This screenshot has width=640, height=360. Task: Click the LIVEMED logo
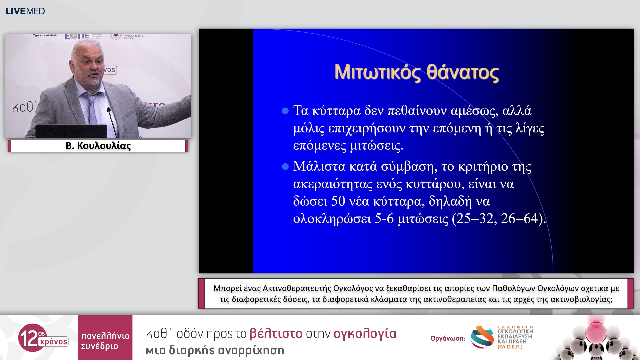(25, 11)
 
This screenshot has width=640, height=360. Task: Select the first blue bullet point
(285, 111)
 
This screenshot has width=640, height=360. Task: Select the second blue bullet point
(285, 166)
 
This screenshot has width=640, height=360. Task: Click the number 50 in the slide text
(338, 201)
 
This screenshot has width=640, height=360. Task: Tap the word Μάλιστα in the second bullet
(319, 166)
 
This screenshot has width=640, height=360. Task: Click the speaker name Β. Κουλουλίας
(98, 146)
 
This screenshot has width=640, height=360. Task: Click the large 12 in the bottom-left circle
(28, 338)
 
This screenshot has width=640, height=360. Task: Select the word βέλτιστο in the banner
(276, 333)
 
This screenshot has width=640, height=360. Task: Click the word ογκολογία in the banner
(365, 333)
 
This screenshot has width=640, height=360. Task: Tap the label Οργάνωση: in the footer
(447, 338)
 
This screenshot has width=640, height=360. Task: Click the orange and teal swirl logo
(482, 337)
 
